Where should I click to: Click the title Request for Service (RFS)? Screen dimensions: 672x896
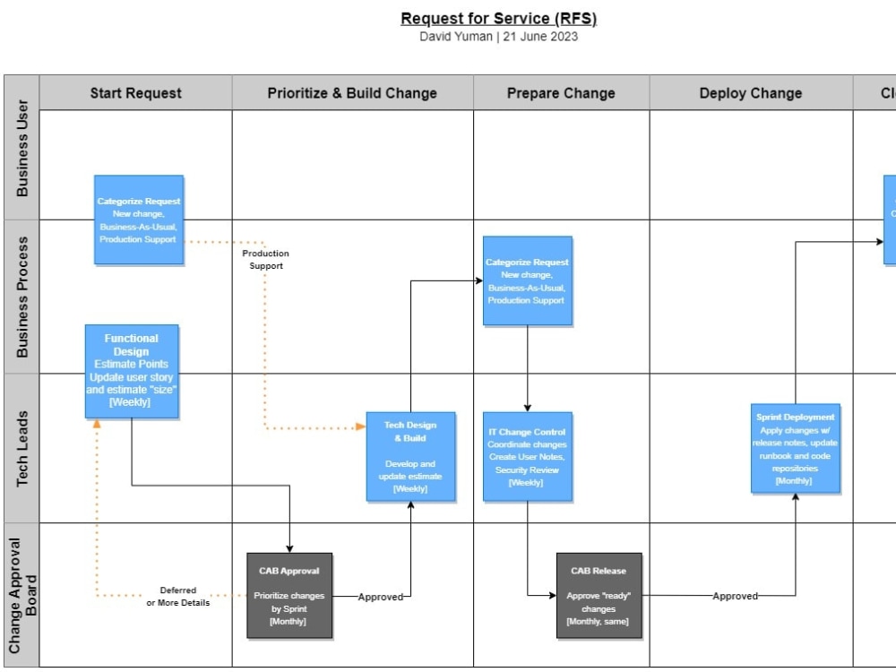[498, 19]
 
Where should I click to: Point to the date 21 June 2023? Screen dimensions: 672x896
[540, 37]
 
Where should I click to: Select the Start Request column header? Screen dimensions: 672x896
[135, 93]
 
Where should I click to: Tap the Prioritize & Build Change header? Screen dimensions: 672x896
[352, 93]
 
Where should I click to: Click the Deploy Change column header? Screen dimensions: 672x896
[750, 93]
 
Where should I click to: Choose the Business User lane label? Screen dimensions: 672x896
[22, 149]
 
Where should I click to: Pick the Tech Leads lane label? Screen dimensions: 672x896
[22, 449]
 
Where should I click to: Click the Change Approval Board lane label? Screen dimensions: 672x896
[22, 595]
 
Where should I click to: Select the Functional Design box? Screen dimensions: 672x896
[132, 371]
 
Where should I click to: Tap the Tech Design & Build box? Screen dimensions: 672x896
[410, 457]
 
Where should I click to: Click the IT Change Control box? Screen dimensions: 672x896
[526, 457]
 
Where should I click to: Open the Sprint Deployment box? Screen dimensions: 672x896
[795, 448]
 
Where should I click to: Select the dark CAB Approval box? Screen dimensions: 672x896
[289, 595]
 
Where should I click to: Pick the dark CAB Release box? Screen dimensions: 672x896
[599, 595]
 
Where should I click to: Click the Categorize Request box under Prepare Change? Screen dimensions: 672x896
[527, 281]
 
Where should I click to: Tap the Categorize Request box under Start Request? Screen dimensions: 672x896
[139, 220]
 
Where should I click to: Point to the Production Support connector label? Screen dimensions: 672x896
[266, 260]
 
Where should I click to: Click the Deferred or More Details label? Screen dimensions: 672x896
[178, 596]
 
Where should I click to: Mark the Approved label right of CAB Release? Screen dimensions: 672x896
[735, 596]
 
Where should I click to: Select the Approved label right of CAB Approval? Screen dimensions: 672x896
[381, 597]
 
